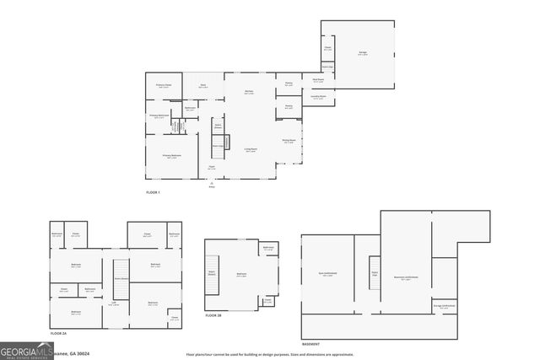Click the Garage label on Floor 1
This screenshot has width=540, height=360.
pyautogui.click(x=362, y=53)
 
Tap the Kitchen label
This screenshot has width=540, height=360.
pyautogui.click(x=250, y=91)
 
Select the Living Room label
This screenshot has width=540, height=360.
pyautogui.click(x=251, y=150)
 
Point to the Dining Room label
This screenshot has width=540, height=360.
pyautogui.click(x=289, y=141)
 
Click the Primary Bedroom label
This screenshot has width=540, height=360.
pyautogui.click(x=170, y=156)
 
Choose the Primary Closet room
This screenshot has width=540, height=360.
pyautogui.click(x=164, y=86)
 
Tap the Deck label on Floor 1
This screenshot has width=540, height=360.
pyautogui.click(x=203, y=85)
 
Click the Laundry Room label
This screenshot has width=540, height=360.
pyautogui.click(x=319, y=98)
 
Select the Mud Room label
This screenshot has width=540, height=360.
pyautogui.click(x=318, y=80)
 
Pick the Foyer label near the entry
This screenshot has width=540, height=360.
pyautogui.click(x=212, y=169)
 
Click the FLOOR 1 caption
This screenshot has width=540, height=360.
pyautogui.click(x=153, y=193)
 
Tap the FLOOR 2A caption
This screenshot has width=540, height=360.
pyautogui.click(x=58, y=334)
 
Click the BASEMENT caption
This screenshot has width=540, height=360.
pyautogui.click(x=311, y=344)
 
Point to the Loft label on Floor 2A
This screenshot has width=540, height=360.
pyautogui.click(x=113, y=304)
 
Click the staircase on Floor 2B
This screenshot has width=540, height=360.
pyautogui.click(x=212, y=273)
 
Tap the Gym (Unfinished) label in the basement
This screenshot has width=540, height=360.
pyautogui.click(x=328, y=274)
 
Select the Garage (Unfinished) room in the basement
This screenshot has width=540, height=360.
pyautogui.click(x=444, y=307)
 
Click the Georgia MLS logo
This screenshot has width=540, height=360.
pyautogui.click(x=26, y=351)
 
